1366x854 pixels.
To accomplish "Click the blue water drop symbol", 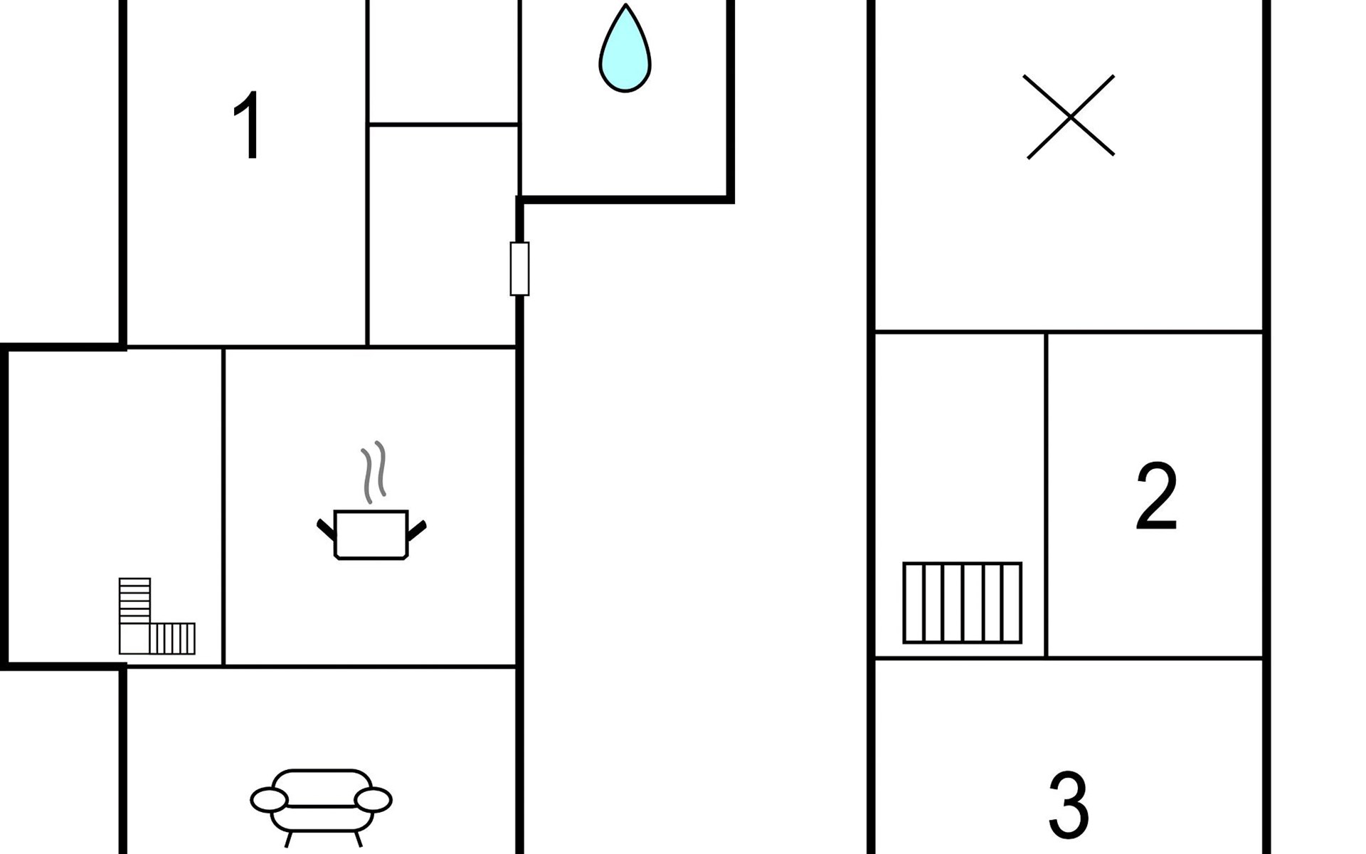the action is pyautogui.click(x=625, y=50).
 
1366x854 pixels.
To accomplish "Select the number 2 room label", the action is pyautogui.click(x=1156, y=496).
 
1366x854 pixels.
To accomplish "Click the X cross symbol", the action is pyautogui.click(x=1070, y=117).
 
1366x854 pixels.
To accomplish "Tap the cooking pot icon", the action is pyautogui.click(x=371, y=534).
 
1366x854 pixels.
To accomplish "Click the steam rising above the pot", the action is pyautogui.click(x=374, y=472).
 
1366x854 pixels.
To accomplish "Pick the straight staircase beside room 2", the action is pyautogui.click(x=963, y=603).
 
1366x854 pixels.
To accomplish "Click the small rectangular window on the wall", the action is pyautogui.click(x=519, y=268).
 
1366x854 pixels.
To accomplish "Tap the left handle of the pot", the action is pyautogui.click(x=326, y=530).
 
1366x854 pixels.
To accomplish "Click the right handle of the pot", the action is pyautogui.click(x=417, y=530).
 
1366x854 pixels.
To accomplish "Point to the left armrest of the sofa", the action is pyautogui.click(x=269, y=800).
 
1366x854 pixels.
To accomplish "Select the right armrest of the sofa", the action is pyautogui.click(x=373, y=800).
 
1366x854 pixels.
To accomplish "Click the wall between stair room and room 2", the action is pyautogui.click(x=1046, y=495).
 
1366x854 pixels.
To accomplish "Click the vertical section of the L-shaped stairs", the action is pyautogui.click(x=134, y=600).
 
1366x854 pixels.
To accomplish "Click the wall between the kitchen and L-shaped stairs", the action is pyautogui.click(x=223, y=507).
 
